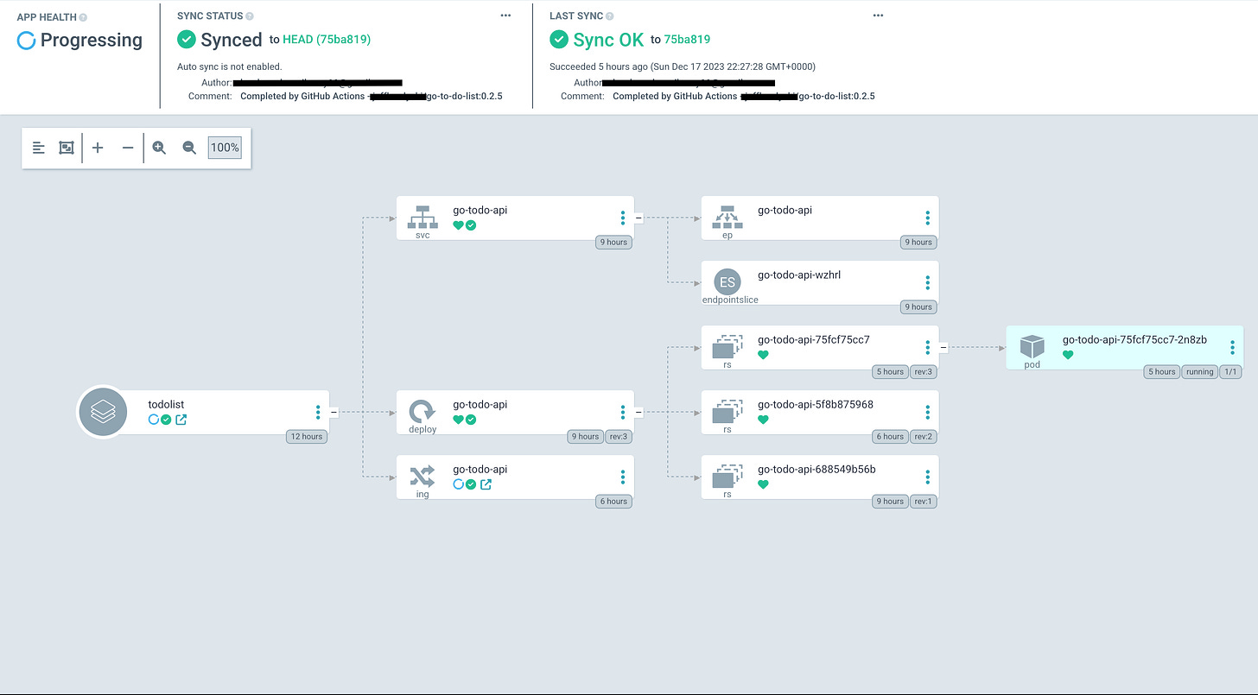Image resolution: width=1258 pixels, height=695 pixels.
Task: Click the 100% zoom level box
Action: [225, 148]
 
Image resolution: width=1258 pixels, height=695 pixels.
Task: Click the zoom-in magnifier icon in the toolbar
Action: [159, 148]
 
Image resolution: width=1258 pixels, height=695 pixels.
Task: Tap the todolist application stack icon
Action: [103, 413]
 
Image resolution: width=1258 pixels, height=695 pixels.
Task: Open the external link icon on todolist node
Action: [181, 420]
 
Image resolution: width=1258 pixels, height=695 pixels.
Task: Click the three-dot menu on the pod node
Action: [1232, 347]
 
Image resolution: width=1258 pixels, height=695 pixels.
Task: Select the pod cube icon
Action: [1032, 346]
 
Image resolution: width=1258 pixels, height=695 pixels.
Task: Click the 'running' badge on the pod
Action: [1198, 371]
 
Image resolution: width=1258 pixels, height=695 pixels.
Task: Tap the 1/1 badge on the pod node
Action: [1230, 371]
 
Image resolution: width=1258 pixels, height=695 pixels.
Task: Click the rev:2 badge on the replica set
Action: [923, 436]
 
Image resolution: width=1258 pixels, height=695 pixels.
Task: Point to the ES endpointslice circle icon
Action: [727, 282]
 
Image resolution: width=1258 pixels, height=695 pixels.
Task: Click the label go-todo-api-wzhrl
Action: [799, 275]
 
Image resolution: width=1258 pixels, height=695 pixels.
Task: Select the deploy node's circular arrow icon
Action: [423, 411]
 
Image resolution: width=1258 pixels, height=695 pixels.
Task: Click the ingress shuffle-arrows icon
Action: [423, 476]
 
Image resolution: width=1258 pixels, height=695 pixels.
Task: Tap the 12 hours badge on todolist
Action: [307, 436]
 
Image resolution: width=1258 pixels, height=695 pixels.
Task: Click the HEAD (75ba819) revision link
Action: [327, 40]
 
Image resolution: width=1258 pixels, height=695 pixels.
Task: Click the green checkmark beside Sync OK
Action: [559, 40]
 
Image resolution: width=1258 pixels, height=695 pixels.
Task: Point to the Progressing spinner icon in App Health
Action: [27, 41]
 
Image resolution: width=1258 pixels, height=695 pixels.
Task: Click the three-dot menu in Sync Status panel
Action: [505, 16]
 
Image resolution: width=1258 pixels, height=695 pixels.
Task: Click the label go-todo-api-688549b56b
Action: [816, 470]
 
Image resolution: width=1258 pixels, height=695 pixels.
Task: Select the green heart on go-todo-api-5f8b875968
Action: [763, 420]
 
